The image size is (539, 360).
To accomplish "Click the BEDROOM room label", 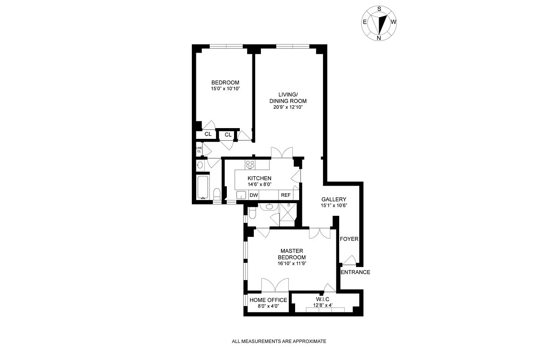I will pos(225,82).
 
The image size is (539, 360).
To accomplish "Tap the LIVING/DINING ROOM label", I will pos(288,98).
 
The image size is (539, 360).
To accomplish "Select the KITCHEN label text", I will pos(260,178).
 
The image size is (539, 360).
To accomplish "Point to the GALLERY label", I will pos(333,199).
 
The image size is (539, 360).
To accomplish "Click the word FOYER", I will pos(349,239).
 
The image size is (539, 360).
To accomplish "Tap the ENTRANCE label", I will pos(355,272).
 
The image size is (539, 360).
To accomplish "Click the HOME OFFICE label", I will pos(268,300).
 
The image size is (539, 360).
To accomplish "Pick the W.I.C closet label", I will pos(323,300).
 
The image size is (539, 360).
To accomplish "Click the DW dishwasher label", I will pos(253,195).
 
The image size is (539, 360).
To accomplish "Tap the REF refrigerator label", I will pos(286,195).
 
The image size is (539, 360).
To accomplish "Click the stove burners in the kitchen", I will pos(250,164).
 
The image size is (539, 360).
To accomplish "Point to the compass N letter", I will pos(379,38).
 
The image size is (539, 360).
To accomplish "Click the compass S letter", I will pos(380,9).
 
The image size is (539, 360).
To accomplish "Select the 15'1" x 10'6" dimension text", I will pos(333,205).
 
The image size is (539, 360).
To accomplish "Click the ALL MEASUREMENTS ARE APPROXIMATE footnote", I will pos(278,342).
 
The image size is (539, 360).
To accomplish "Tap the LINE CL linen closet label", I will pos(199,149).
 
